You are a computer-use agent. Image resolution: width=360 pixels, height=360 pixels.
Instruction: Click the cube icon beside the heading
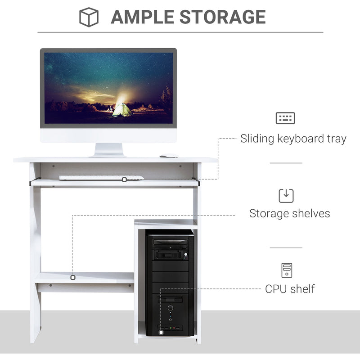pyautogui.click(x=89, y=17)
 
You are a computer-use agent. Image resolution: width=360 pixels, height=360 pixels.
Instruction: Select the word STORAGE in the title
pyautogui.click(x=222, y=17)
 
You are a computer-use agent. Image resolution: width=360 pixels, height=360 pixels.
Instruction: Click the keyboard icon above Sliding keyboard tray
pyautogui.click(x=285, y=118)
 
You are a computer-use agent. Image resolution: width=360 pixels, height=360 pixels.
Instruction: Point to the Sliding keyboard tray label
pyautogui.click(x=293, y=139)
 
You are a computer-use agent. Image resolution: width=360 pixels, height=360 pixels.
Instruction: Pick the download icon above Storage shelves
pyautogui.click(x=286, y=195)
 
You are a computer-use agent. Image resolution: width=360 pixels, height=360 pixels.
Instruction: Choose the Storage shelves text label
pyautogui.click(x=289, y=213)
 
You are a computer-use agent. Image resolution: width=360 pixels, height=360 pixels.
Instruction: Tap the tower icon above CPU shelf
pyautogui.click(x=287, y=270)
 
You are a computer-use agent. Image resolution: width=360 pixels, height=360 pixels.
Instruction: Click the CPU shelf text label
pyautogui.click(x=290, y=288)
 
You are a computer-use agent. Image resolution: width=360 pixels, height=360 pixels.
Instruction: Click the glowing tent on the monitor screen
pyautogui.click(x=121, y=110)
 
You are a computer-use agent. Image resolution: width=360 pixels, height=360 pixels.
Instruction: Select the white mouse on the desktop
pyautogui.click(x=168, y=156)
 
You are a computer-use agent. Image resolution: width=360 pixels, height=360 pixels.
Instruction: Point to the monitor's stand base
pyautogui.click(x=108, y=154)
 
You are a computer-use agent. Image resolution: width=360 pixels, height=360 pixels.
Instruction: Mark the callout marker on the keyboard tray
pyautogui.click(x=124, y=180)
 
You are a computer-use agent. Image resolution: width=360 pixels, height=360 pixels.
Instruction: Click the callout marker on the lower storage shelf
pyautogui.click(x=72, y=277)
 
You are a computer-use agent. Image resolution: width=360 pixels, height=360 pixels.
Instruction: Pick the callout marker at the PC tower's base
pyautogui.click(x=161, y=333)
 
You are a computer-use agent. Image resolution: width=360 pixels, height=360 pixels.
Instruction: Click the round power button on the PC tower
pyautogui.click(x=171, y=309)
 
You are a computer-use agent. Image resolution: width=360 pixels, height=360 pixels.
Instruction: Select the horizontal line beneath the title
pyautogui.click(x=180, y=32)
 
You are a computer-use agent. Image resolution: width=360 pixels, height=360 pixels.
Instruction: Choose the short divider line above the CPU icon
pyautogui.click(x=286, y=247)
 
